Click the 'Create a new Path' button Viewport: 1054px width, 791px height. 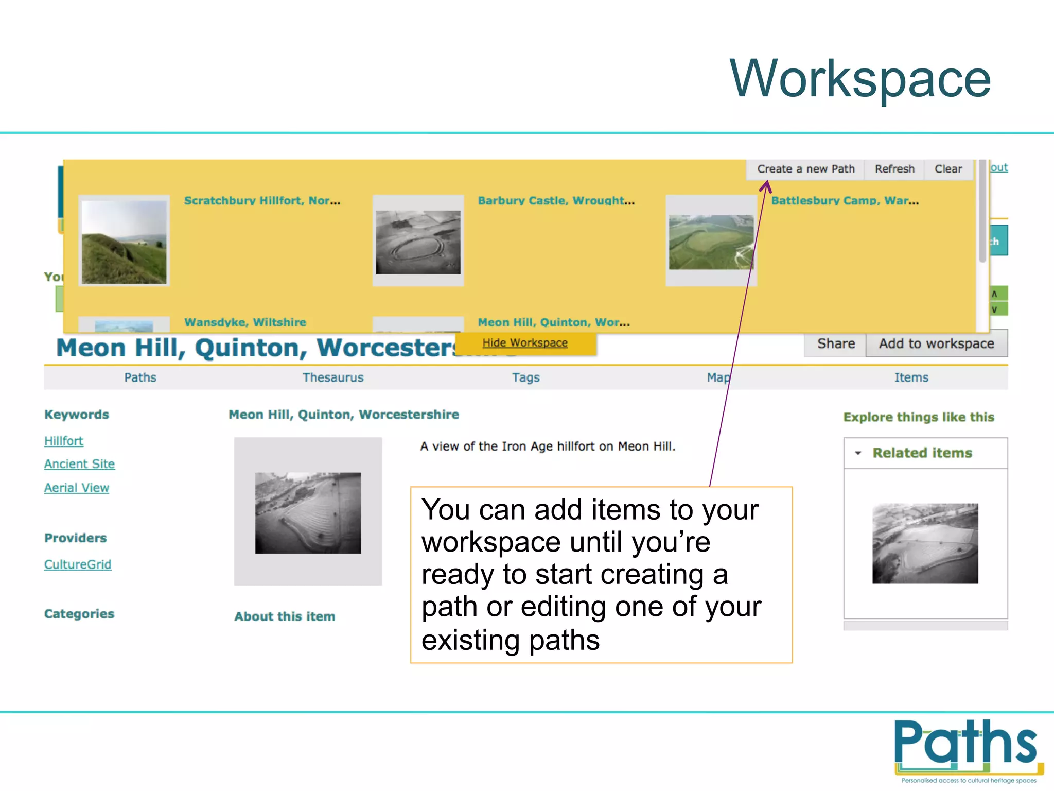pyautogui.click(x=805, y=169)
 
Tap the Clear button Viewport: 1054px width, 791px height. pyautogui.click(x=948, y=169)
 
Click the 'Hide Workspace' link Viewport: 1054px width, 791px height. pyautogui.click(x=525, y=343)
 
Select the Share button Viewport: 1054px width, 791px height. pyautogui.click(x=836, y=344)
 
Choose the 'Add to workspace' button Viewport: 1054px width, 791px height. pyautogui.click(x=936, y=344)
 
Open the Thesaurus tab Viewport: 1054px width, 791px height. pyautogui.click(x=333, y=377)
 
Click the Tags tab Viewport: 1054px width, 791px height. pyautogui.click(x=525, y=377)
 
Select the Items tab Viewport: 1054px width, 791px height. pyautogui.click(x=911, y=377)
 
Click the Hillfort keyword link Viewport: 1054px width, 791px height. pyautogui.click(x=64, y=441)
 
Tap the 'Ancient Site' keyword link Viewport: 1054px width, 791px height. pyautogui.click(x=79, y=464)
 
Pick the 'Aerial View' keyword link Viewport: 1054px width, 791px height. pyautogui.click(x=77, y=488)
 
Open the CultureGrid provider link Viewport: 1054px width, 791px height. pyautogui.click(x=78, y=564)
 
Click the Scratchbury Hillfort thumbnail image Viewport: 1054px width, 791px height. pyautogui.click(x=124, y=242)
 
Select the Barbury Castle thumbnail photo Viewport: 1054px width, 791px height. pyautogui.click(x=418, y=242)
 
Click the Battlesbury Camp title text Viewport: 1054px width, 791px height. pyautogui.click(x=845, y=201)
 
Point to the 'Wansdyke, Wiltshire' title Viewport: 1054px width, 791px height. pyautogui.click(x=245, y=322)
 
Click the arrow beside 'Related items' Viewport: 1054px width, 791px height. pyautogui.click(x=858, y=453)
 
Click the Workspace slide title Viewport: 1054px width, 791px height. pyautogui.click(x=860, y=78)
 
